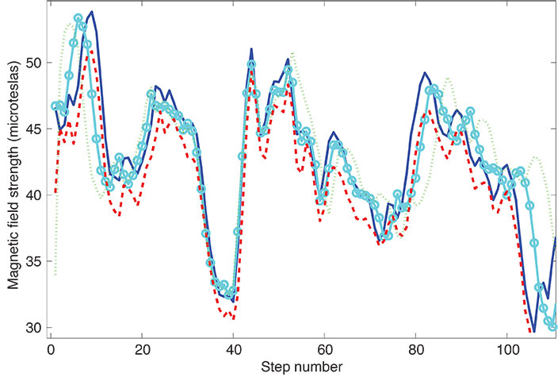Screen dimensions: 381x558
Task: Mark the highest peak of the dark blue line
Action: pyautogui.click(x=92, y=12)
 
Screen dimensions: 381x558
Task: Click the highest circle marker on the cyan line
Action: pyautogui.click(x=78, y=17)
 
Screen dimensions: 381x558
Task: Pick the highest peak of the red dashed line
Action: pyautogui.click(x=92, y=50)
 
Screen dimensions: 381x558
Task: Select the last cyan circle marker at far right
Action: pyautogui.click(x=553, y=326)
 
